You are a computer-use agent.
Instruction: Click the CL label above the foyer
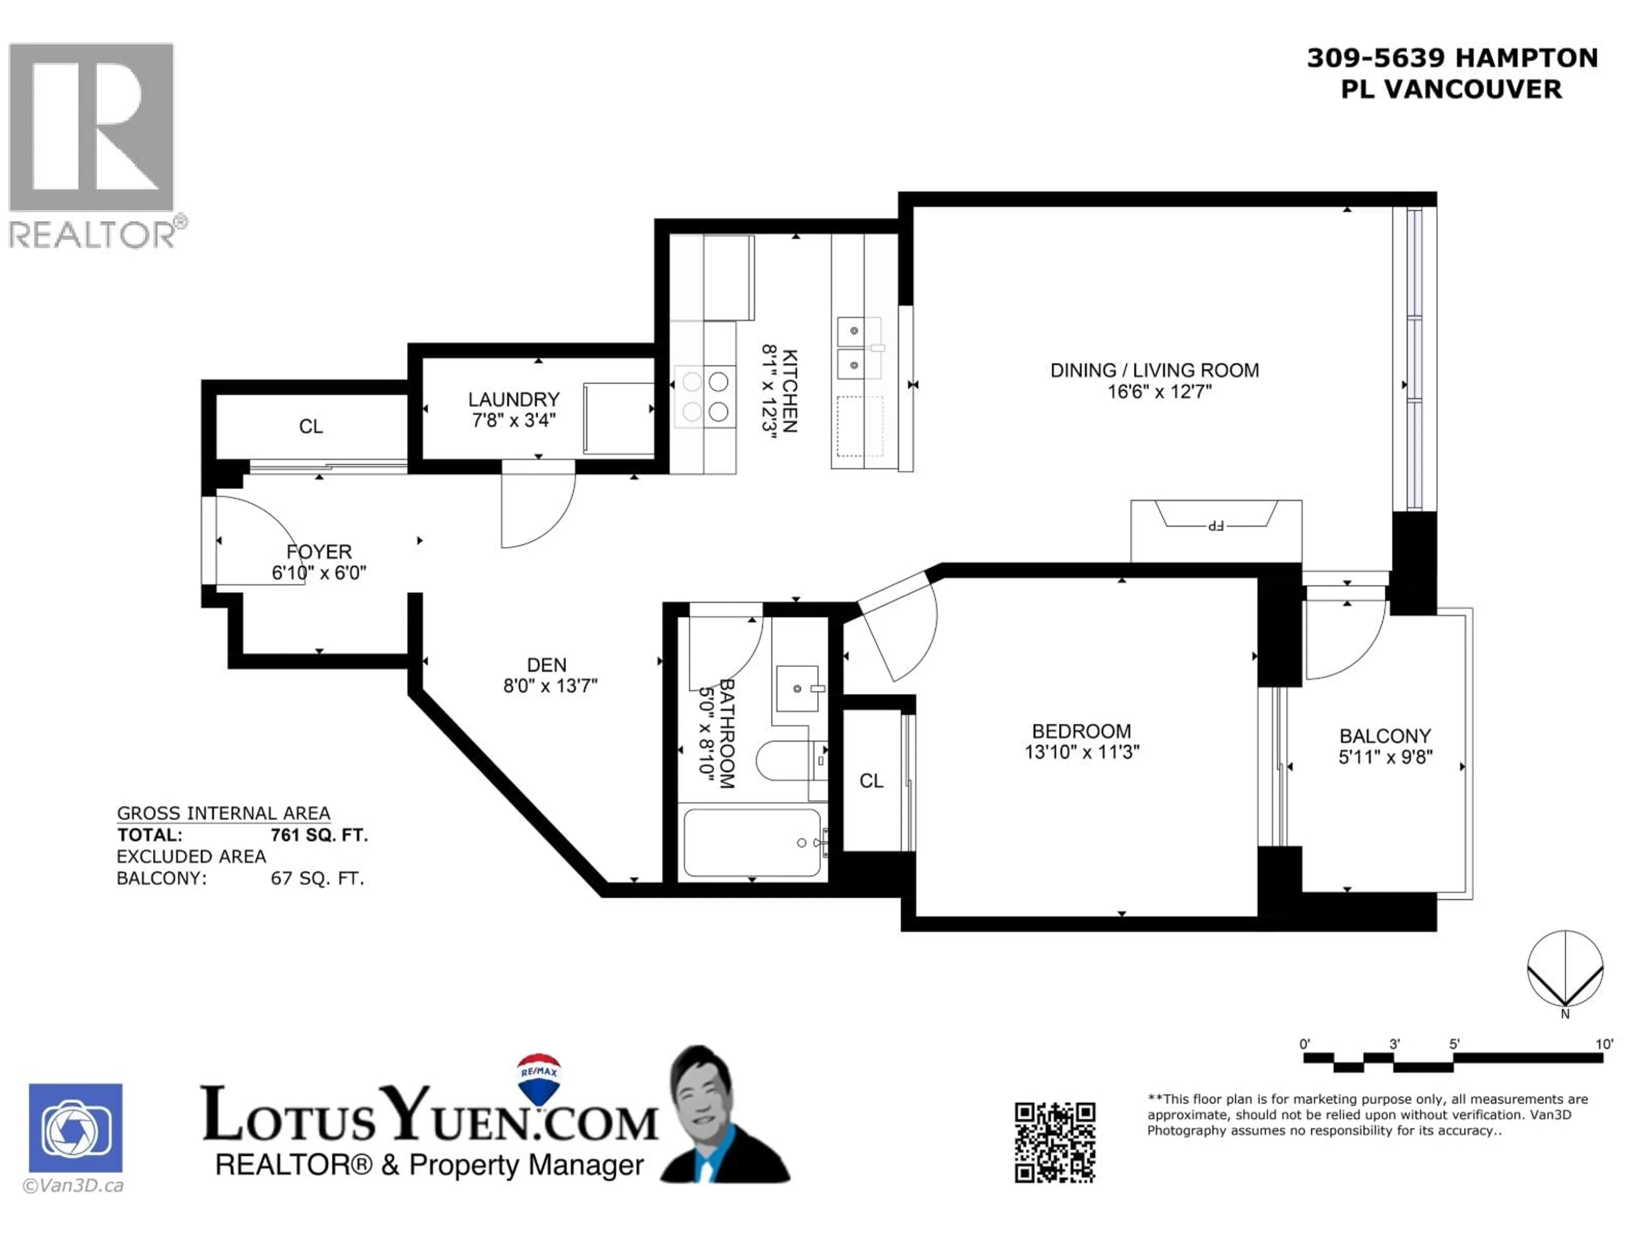(x=311, y=426)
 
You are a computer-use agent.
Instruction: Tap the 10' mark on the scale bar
(x=1604, y=1044)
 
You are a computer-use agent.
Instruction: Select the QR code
(x=1055, y=1142)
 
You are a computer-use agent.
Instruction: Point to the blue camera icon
(x=76, y=1128)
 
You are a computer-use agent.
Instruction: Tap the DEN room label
(x=547, y=665)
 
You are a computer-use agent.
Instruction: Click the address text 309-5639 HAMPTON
(x=1452, y=58)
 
